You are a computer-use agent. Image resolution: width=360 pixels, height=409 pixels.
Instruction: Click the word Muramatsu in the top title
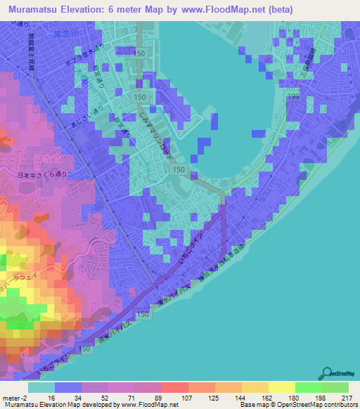[x=36, y=10]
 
